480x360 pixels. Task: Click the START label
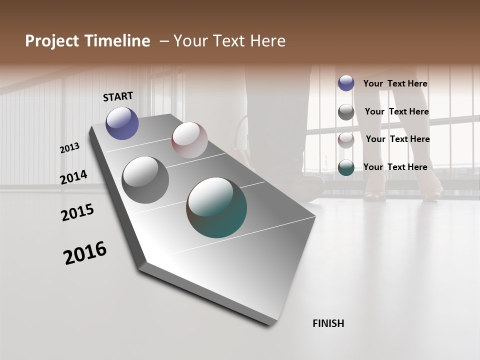tap(118, 96)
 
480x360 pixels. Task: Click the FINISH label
tap(328, 323)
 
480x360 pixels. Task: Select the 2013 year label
tap(70, 148)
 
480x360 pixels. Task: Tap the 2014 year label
tap(74, 177)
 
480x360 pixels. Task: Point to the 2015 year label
tap(77, 212)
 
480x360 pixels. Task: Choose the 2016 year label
tap(85, 253)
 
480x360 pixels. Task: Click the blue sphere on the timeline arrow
tap(122, 123)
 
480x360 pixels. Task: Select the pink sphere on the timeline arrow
tap(189, 140)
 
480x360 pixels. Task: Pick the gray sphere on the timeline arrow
tap(145, 180)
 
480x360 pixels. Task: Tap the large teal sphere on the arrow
tap(216, 207)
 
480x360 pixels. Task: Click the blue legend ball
tap(346, 83)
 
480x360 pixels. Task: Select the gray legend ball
tap(346, 112)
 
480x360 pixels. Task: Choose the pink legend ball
tap(346, 140)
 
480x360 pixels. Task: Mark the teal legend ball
tap(346, 168)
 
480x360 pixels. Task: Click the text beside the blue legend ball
tap(395, 83)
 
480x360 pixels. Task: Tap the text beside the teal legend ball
tap(395, 167)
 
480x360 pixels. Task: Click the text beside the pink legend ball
tap(397, 139)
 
